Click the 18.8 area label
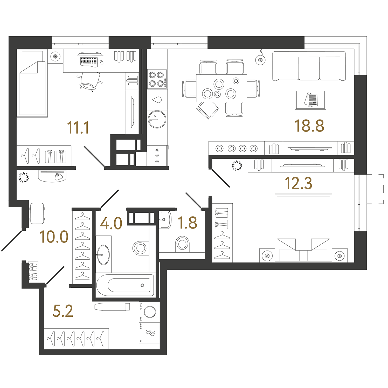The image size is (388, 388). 309,126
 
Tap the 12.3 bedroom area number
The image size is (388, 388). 299,183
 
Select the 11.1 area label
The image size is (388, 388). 78,128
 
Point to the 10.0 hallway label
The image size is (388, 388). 54,237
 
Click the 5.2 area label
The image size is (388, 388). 63,311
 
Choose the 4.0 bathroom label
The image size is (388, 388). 111,224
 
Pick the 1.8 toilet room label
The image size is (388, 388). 187,223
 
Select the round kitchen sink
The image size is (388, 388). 157,119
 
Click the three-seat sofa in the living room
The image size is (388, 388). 309,66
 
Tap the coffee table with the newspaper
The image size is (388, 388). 310,100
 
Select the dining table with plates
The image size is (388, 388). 221,88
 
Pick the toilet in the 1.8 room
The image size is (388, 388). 182,244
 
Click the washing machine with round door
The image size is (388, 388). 149,312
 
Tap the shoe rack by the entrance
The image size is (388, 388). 33,272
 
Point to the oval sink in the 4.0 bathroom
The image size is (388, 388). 103,255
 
